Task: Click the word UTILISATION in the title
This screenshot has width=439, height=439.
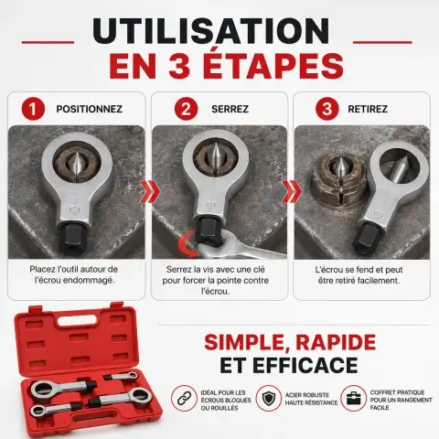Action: (211, 31)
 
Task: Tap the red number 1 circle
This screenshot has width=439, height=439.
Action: (33, 109)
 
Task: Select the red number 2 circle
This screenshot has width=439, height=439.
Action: (186, 109)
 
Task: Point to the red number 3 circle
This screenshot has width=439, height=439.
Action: (327, 109)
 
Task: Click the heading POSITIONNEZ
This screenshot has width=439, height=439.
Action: (90, 109)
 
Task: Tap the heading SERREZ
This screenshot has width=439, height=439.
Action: (230, 109)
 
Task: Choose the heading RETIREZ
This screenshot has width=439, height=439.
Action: (368, 109)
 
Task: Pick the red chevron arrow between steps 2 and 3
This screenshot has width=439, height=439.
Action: (292, 191)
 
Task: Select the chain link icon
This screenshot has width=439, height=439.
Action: (184, 398)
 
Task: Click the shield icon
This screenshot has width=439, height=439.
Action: (268, 398)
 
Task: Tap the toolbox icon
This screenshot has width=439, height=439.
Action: (353, 398)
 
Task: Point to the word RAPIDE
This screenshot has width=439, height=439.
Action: (336, 343)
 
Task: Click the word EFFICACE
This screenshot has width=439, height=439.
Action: (305, 365)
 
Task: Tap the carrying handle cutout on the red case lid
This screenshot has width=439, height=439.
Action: (76, 320)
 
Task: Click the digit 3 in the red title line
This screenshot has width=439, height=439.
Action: (179, 66)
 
